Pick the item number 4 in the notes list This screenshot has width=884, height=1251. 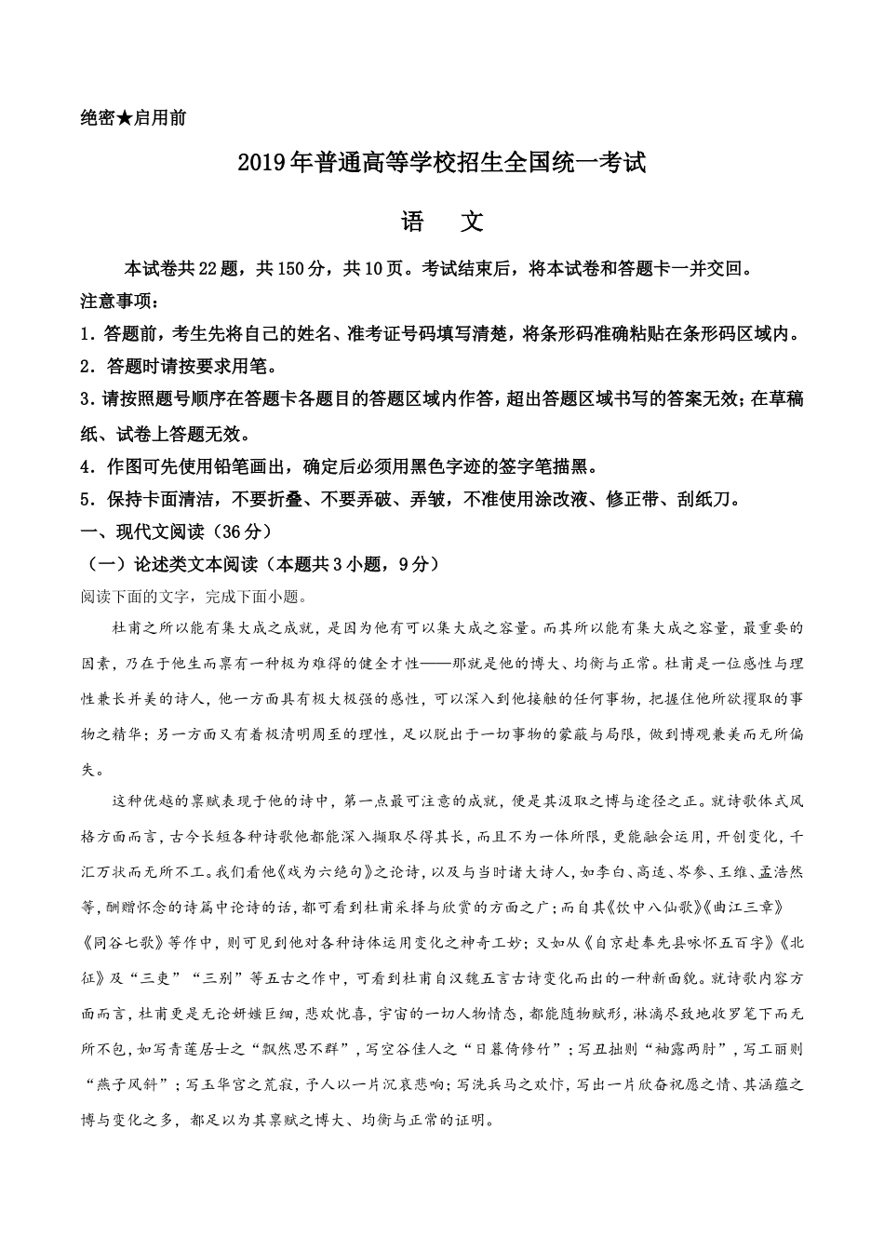(87, 466)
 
